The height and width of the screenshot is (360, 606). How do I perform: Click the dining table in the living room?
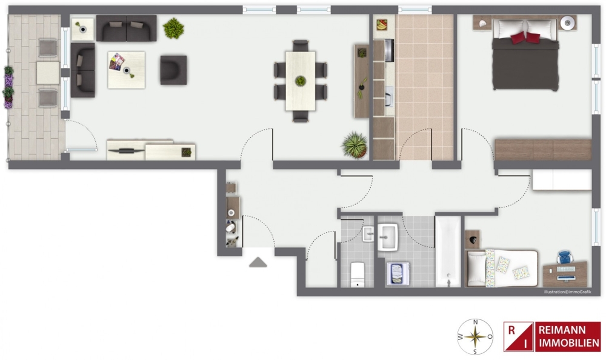click(301, 81)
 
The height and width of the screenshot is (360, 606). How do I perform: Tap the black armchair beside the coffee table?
click(173, 70)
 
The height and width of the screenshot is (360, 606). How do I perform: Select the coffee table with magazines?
click(127, 70)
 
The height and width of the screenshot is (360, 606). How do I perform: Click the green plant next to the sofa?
click(173, 28)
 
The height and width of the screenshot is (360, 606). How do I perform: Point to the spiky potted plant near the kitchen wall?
click(355, 145)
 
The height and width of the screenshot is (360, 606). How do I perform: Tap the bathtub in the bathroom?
click(448, 252)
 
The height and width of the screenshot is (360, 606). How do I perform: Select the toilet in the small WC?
click(358, 274)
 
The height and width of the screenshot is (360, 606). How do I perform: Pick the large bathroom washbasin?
click(388, 236)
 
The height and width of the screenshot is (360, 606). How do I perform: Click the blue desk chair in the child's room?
click(565, 258)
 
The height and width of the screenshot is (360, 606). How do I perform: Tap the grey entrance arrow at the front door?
click(258, 262)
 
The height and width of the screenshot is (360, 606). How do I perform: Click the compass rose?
click(475, 336)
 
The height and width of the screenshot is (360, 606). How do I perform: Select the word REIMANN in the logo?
click(562, 330)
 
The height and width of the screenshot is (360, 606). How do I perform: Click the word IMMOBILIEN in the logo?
click(569, 342)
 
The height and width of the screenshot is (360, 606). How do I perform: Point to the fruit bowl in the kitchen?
click(382, 25)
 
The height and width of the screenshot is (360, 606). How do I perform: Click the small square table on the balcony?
click(48, 73)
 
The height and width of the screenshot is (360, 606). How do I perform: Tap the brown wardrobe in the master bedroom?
click(542, 150)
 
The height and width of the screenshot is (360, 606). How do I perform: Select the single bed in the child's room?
click(502, 268)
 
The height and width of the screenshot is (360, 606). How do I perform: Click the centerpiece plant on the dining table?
click(301, 81)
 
